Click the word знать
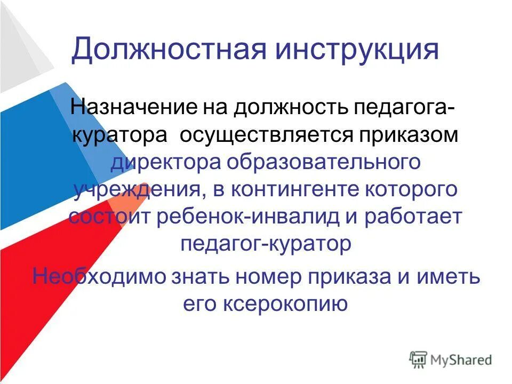pyautogui.click(x=197, y=277)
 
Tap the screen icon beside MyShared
pyautogui.click(x=418, y=360)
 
